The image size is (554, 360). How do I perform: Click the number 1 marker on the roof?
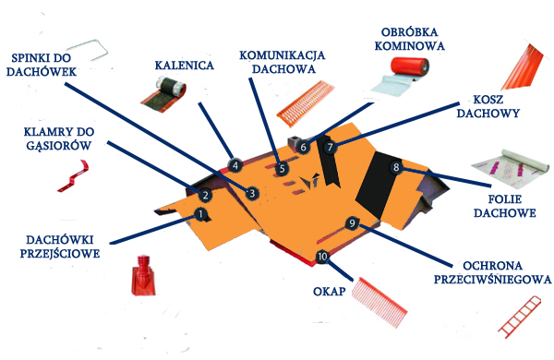tap(200, 214)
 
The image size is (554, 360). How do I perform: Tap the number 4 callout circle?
tap(235, 165)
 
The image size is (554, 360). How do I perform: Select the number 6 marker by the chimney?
tap(303, 147)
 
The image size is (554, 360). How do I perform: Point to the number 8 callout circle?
tap(396, 167)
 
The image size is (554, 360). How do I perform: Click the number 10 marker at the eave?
tap(322, 257)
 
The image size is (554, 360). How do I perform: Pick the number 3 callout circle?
tap(252, 193)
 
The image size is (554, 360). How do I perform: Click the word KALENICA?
tap(185, 66)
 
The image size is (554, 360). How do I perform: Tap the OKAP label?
tap(329, 292)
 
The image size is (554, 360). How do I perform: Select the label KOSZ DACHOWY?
tap(488, 106)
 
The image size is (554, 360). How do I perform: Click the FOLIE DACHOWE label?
tap(504, 207)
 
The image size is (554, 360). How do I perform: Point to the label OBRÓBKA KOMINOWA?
tap(409, 39)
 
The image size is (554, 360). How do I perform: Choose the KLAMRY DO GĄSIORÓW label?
tap(59, 138)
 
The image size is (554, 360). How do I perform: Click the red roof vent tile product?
tap(143, 275)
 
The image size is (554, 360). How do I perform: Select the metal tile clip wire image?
tap(88, 50)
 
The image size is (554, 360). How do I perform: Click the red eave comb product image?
tap(379, 303)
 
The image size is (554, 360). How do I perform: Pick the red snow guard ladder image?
tap(519, 317)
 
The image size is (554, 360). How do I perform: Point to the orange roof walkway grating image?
tap(306, 103)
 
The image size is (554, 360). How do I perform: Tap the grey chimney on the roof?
tap(295, 143)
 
